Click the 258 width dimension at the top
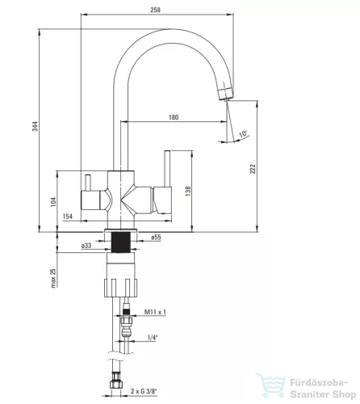(155, 10)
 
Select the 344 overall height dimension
(36, 126)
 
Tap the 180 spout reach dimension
(174, 117)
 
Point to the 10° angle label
(244, 134)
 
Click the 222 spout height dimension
(253, 169)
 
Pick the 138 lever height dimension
(188, 191)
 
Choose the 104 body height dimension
(54, 202)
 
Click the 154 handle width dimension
(68, 217)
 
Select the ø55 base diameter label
(156, 237)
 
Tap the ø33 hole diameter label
(86, 246)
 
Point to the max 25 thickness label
(54, 278)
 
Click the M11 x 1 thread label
(155, 312)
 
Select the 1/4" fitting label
(153, 338)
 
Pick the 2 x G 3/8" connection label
(144, 391)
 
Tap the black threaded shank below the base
(121, 242)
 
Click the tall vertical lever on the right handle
(167, 168)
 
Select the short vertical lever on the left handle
(88, 183)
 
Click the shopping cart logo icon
(271, 385)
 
